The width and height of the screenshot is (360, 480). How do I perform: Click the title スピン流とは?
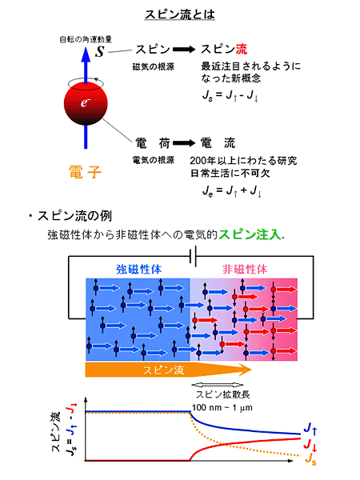click(180, 14)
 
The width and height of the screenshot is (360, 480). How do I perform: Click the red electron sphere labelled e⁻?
click(86, 103)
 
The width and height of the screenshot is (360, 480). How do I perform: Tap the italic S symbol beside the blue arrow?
click(99, 51)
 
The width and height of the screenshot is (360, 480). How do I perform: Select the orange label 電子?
click(85, 172)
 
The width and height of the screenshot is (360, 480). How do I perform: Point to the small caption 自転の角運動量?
click(86, 39)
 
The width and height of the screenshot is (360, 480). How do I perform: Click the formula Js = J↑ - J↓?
click(230, 95)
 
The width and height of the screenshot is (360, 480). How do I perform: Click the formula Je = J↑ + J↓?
click(231, 191)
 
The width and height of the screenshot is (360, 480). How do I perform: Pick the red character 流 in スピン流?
click(242, 50)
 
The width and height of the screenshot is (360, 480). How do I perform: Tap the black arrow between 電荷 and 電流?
click(184, 143)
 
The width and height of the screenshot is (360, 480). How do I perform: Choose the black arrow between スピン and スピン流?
click(184, 50)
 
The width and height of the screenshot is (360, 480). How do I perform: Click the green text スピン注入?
click(250, 234)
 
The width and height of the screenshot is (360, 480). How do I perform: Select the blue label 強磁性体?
click(138, 270)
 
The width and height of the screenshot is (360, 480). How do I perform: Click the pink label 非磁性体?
click(245, 270)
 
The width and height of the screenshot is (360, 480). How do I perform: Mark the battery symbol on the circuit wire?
click(193, 257)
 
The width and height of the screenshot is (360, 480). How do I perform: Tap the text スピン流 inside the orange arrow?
click(164, 370)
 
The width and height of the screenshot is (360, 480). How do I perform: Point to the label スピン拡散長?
click(223, 394)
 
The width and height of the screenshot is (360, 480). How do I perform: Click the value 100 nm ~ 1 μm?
click(222, 408)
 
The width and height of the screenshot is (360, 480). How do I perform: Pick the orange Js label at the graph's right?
click(310, 459)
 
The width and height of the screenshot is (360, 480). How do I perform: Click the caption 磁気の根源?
click(153, 66)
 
